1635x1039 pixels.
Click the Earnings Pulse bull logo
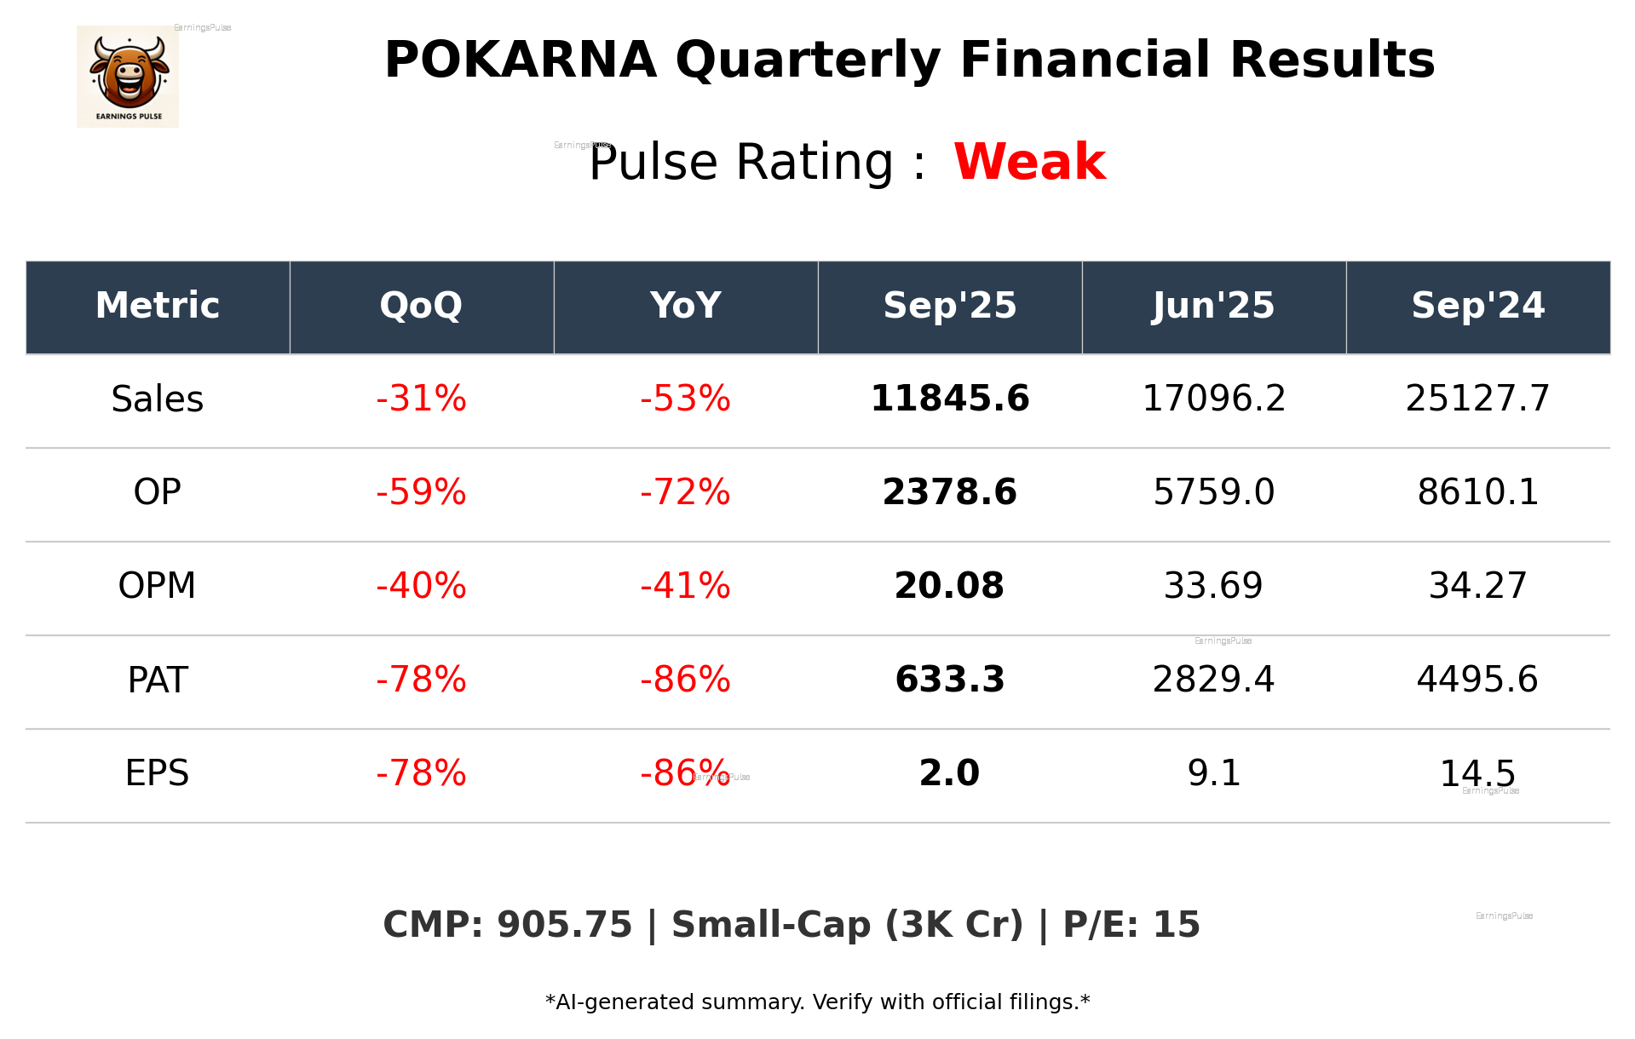(x=128, y=76)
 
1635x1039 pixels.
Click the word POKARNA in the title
(x=520, y=60)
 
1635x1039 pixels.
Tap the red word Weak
(x=1029, y=162)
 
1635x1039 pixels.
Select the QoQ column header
(x=421, y=306)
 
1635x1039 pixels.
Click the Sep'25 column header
(x=949, y=306)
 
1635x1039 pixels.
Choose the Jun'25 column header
(x=1213, y=306)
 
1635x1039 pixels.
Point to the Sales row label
(x=158, y=399)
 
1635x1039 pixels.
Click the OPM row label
(x=158, y=586)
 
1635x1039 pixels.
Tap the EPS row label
(x=158, y=773)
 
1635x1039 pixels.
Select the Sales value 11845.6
(x=949, y=399)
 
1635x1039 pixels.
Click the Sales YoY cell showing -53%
(x=685, y=399)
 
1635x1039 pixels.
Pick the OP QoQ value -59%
(x=421, y=492)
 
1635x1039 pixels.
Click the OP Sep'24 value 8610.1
(x=1477, y=492)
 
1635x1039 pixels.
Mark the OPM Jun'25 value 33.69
(x=1213, y=586)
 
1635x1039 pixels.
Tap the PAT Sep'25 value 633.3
(x=949, y=680)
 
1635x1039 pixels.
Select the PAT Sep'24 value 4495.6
(x=1477, y=680)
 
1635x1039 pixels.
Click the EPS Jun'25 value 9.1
(x=1213, y=773)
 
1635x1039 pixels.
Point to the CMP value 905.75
(x=564, y=925)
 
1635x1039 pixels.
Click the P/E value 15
(x=1177, y=925)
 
